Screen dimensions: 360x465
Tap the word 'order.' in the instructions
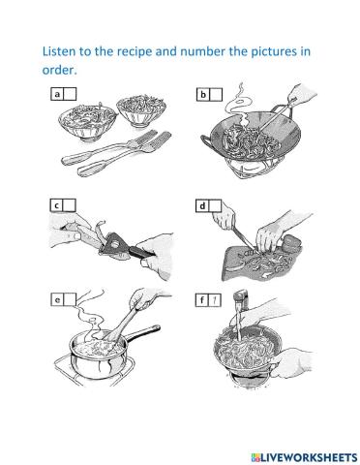(x=59, y=70)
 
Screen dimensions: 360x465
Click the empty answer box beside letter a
(x=70, y=94)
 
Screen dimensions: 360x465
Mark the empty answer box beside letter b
(x=216, y=95)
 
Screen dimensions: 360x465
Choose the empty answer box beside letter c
(x=69, y=205)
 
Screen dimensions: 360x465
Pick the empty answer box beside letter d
(x=215, y=205)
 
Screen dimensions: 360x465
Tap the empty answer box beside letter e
(x=70, y=299)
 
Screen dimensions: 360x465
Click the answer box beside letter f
(x=215, y=300)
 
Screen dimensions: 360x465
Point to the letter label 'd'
(x=202, y=205)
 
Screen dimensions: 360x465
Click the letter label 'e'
(x=57, y=299)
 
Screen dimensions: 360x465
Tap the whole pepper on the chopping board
(x=291, y=243)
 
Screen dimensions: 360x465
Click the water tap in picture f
(x=241, y=297)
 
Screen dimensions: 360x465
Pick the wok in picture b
(x=251, y=137)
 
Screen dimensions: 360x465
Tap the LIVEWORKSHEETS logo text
(x=305, y=457)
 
